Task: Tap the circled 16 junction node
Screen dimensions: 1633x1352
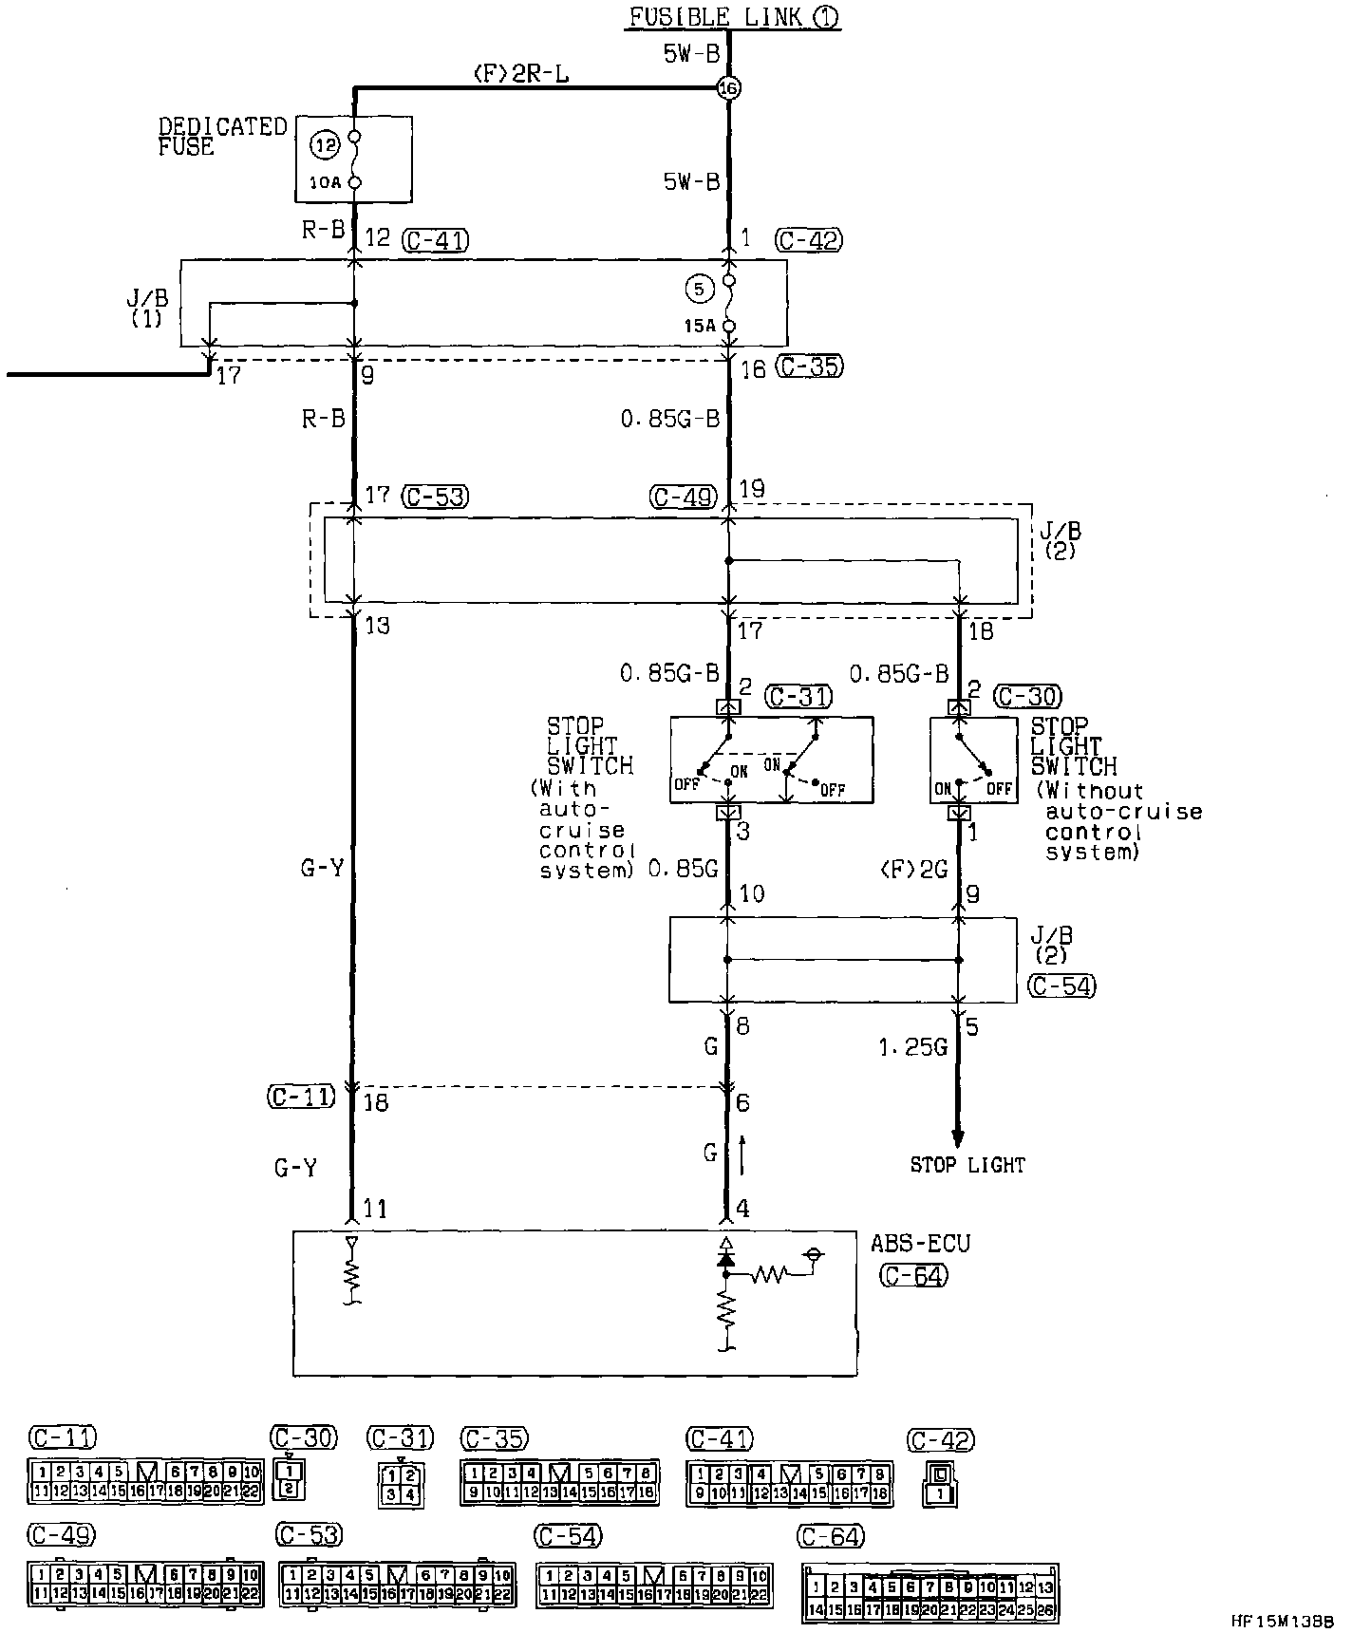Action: [729, 88]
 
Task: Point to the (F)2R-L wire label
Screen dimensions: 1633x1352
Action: [520, 73]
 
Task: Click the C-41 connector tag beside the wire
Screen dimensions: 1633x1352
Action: [435, 239]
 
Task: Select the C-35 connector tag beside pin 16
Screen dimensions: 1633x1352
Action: [809, 366]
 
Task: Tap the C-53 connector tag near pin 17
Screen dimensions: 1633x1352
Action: [435, 496]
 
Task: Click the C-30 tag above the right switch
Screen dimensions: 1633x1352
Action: [1028, 697]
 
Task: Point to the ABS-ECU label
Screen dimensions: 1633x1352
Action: [920, 1243]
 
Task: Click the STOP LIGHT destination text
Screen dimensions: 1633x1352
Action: [967, 1165]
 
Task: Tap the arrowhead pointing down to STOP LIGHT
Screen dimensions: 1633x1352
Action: [957, 1138]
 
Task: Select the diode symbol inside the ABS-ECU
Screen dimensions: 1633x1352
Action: [727, 1257]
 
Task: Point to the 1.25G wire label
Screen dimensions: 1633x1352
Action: [912, 1048]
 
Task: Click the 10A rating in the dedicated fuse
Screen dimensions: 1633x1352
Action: [324, 181]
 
